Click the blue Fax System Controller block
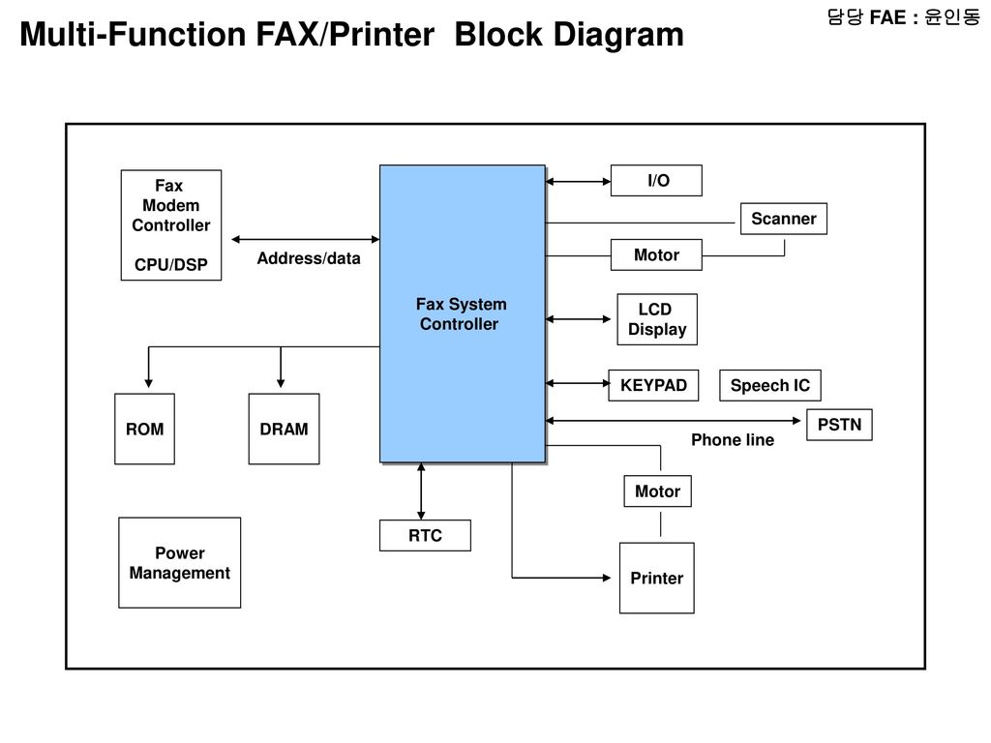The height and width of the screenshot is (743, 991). (462, 314)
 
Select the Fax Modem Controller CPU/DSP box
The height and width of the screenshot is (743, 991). (170, 224)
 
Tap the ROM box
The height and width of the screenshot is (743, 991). (144, 429)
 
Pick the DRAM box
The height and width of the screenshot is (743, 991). (284, 429)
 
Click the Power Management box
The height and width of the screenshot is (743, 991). (179, 563)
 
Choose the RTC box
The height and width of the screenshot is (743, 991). (425, 535)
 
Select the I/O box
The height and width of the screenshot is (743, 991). (656, 181)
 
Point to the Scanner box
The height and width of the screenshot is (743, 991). (784, 219)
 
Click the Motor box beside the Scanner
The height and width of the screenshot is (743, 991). (656, 254)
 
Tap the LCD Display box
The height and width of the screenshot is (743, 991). (657, 319)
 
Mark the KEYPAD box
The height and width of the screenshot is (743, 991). (653, 385)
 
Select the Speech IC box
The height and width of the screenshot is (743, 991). (769, 385)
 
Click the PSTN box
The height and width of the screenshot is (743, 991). (839, 425)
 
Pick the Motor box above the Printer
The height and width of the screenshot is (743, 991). (657, 490)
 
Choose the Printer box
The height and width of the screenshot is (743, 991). (657, 579)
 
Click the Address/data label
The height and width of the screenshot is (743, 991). (309, 258)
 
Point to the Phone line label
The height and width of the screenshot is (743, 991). (733, 440)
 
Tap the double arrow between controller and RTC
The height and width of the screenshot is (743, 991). (421, 491)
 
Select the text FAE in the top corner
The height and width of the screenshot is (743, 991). (887, 17)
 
